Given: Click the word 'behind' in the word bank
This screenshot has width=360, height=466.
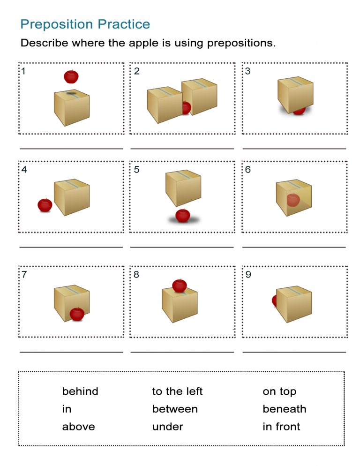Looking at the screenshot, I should [80, 391].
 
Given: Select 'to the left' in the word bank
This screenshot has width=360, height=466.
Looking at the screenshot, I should [177, 391].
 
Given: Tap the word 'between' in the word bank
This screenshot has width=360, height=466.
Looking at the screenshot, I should [175, 409].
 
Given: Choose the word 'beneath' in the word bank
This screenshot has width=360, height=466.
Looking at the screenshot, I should [284, 409].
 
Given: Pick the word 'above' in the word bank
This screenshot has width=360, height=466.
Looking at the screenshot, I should [78, 427].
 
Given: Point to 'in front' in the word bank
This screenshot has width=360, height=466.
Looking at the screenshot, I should [281, 427].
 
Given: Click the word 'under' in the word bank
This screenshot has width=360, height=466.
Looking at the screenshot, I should [167, 427].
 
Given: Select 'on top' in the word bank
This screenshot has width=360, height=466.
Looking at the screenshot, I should [279, 391].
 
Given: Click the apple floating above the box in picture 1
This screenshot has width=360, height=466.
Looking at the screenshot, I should [71, 76].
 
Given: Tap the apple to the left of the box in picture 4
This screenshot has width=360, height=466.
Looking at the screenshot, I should [45, 205].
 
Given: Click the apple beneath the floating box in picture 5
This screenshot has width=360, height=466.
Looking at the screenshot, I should [182, 216].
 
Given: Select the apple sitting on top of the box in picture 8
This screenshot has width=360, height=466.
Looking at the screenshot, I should [179, 285].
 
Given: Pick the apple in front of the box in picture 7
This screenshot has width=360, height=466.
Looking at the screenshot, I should [77, 314].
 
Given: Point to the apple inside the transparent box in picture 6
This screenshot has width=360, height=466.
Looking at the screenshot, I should [293, 200].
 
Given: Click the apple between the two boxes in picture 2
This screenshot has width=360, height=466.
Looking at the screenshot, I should [186, 108].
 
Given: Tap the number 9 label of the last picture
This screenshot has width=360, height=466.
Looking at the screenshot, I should [248, 275].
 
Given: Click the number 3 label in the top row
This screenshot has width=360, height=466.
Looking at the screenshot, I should [248, 71].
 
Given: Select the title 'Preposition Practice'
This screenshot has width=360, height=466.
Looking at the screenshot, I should [85, 24].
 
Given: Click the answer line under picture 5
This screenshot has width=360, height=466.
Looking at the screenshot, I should [182, 247].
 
